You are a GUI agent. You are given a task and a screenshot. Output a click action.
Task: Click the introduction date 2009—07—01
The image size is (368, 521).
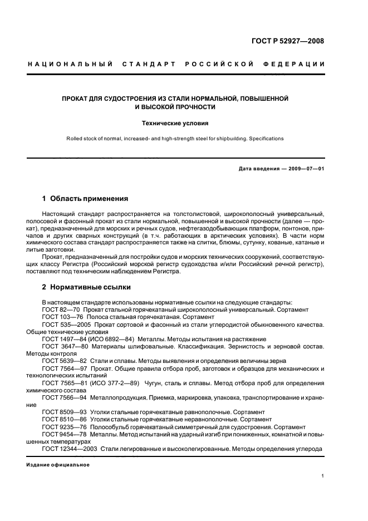(305, 169)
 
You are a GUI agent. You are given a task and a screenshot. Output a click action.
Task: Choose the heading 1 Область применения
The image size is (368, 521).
(86, 198)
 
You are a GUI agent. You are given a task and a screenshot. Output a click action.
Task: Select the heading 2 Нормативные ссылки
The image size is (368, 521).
(86, 287)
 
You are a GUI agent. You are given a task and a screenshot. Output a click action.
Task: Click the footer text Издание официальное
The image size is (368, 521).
(58, 464)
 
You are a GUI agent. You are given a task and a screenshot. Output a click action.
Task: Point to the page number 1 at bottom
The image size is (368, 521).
(322, 476)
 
